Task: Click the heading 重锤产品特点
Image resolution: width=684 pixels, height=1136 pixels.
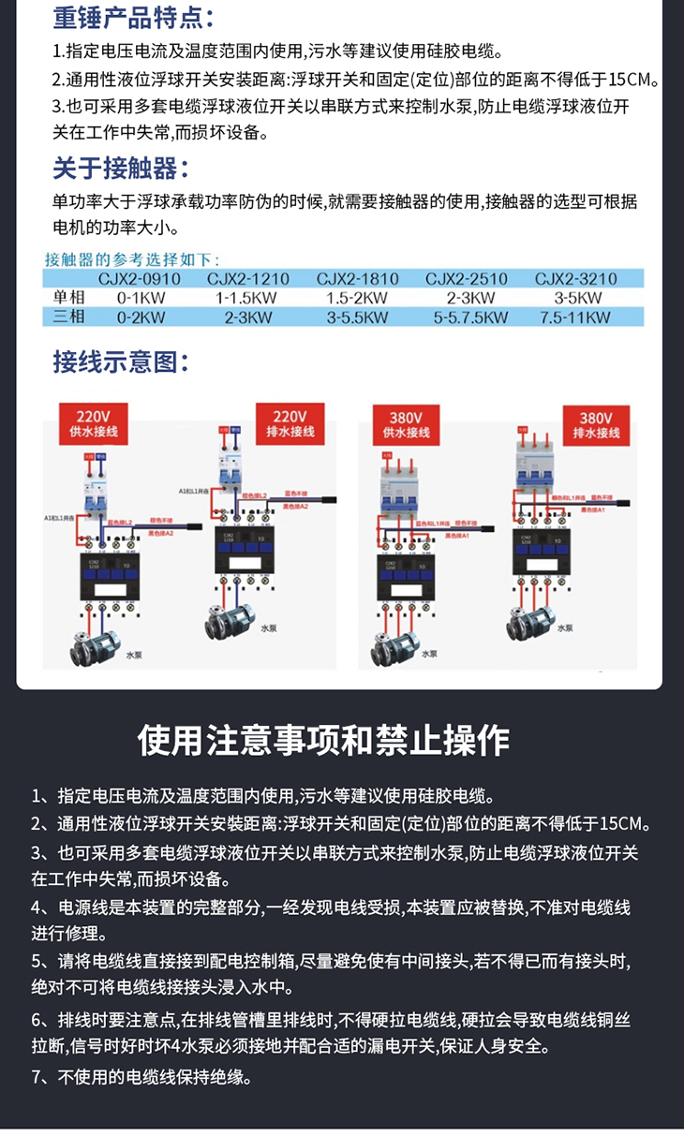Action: (133, 18)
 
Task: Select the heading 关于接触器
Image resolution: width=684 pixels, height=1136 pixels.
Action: (120, 169)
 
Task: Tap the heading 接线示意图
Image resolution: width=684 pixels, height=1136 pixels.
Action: (120, 361)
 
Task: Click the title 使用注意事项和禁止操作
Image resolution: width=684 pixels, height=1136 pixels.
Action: (323, 740)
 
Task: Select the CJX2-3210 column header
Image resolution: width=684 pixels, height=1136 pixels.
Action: (575, 279)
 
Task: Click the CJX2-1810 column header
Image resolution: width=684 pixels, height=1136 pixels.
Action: (357, 279)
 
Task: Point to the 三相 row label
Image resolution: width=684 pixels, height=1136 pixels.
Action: (68, 317)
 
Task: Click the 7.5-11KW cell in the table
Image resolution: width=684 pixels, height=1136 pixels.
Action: (575, 317)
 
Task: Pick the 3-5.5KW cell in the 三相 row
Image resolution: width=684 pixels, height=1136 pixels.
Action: (357, 317)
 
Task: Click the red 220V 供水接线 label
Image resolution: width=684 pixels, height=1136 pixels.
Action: (94, 423)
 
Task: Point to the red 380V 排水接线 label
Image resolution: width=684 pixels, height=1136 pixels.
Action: (596, 424)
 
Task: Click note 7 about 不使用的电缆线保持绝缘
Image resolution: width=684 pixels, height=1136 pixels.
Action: (141, 1077)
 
